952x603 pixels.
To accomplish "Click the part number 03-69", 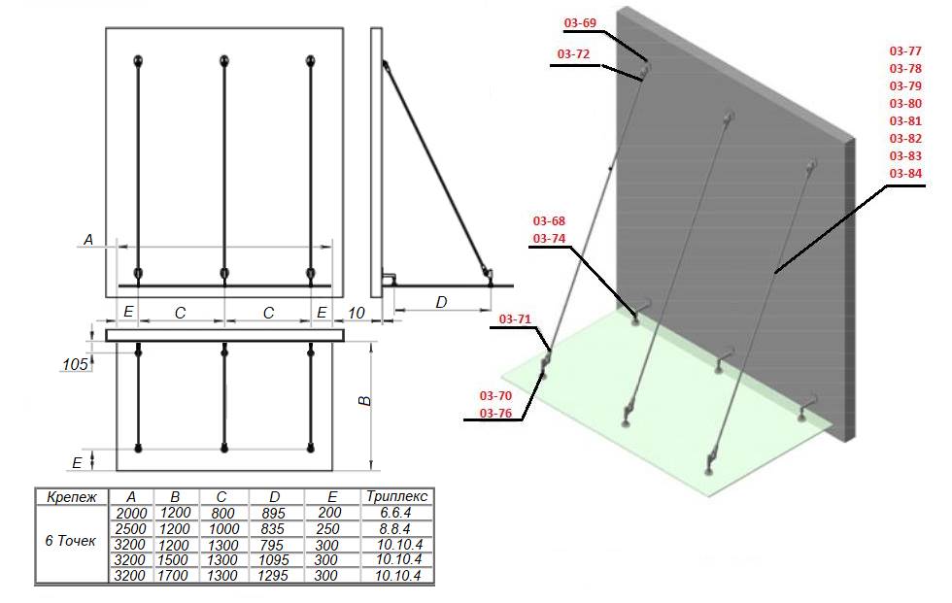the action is tap(581, 23).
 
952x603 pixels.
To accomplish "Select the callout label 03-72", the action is tap(574, 54).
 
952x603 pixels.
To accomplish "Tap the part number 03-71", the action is tap(515, 319).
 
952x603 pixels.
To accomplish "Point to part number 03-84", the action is tap(905, 174).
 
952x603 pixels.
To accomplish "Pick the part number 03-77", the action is tap(905, 51).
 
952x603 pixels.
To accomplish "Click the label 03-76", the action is tap(495, 414).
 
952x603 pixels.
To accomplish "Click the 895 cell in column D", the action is tap(273, 514).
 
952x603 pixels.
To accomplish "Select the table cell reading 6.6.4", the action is tap(396, 513).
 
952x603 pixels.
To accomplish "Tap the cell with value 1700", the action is tap(173, 575).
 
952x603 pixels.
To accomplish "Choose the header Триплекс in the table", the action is tap(397, 496).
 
